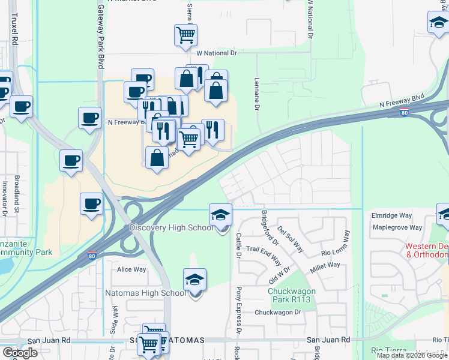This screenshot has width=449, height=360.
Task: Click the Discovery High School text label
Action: click(172, 228)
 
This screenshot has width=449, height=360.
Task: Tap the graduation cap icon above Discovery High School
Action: click(220, 215)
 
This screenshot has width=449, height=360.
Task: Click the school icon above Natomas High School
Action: click(194, 280)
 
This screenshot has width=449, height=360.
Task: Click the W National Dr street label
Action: click(217, 53)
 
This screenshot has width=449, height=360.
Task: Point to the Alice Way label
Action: click(132, 269)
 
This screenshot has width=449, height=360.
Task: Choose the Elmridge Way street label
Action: click(392, 215)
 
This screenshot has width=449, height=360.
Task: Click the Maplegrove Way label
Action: click(397, 227)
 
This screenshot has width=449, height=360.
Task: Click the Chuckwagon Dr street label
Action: click(277, 312)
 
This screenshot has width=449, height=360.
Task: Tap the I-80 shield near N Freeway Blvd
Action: click(405, 112)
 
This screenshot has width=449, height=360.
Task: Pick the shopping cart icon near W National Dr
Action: click(185, 34)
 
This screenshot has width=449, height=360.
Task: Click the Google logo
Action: click(20, 352)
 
